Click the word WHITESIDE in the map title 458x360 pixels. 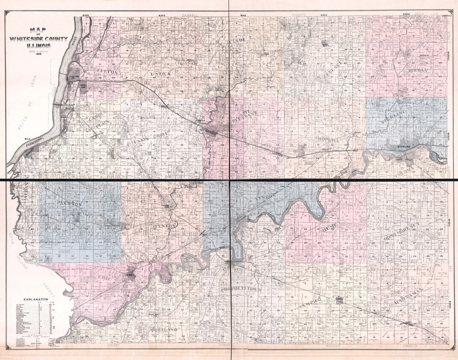pyautogui.click(x=42, y=39)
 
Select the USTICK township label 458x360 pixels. pyautogui.click(x=161, y=74)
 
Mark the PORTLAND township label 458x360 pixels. pyautogui.click(x=163, y=329)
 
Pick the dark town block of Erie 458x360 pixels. pyautogui.click(x=130, y=275)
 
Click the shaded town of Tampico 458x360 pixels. pyautogui.click(x=338, y=299)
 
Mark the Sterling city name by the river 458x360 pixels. pyautogui.click(x=405, y=147)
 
